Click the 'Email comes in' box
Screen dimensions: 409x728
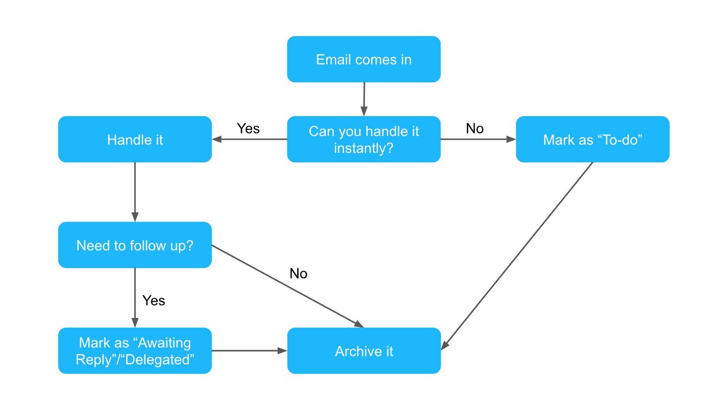[364, 60]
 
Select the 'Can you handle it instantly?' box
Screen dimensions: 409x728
[364, 139]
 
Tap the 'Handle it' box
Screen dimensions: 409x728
[135, 139]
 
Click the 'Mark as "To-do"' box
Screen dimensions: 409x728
[592, 139]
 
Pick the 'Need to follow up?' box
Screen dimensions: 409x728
[135, 245]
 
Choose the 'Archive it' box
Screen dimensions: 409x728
[364, 351]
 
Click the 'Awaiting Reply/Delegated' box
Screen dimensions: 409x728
[135, 351]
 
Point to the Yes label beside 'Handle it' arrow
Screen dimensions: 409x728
[248, 129]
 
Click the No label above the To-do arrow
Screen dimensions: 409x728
[475, 129]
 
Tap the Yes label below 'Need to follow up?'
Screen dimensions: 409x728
[154, 300]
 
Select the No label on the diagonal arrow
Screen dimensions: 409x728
[298, 273]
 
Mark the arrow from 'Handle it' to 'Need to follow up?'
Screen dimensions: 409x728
[135, 191]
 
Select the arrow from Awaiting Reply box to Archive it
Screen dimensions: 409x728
[248, 351]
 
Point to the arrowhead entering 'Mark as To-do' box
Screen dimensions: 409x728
[511, 139]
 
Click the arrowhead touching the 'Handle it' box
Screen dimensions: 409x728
[217, 139]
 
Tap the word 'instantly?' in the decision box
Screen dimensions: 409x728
[364, 148]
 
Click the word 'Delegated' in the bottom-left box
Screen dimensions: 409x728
[159, 360]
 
